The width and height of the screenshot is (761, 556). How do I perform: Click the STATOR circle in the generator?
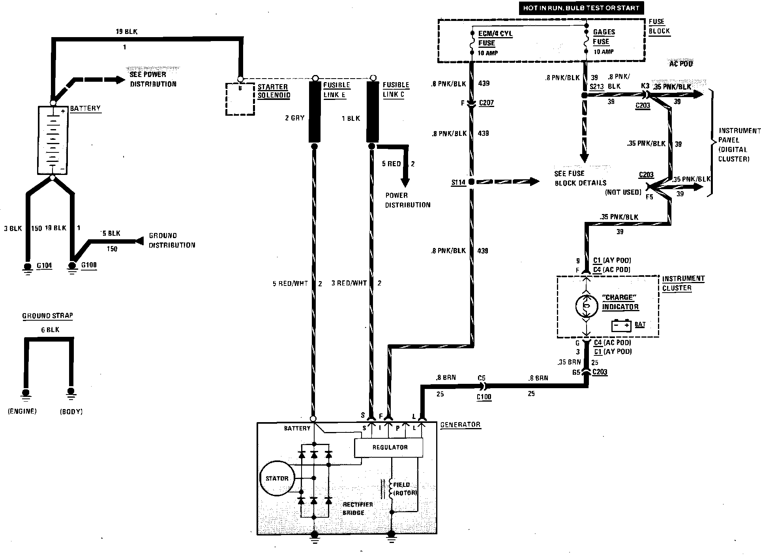pos(277,478)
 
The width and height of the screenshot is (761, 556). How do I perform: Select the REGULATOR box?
pos(389,447)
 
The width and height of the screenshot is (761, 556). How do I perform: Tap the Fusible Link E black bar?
pos(314,111)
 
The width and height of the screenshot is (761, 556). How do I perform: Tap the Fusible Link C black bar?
pos(373,111)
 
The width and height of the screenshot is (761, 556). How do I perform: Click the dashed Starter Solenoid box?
pos(240,99)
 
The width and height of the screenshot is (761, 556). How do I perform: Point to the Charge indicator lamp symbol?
pos(586,306)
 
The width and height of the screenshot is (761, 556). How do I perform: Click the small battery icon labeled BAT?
pos(621,325)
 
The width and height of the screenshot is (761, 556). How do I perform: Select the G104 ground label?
pos(44,265)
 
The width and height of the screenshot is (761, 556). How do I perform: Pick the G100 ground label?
pos(89,265)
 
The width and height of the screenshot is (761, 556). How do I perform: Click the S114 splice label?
pos(458,182)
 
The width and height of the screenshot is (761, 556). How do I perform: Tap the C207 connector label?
pos(486,103)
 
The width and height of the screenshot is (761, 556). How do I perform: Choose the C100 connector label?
pos(484,397)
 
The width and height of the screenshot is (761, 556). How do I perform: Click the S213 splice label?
pos(597,86)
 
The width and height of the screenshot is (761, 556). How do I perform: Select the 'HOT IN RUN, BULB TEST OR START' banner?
pos(581,8)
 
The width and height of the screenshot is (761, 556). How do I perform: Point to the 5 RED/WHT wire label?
pos(290,283)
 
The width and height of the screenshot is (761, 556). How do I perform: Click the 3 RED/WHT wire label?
pos(349,283)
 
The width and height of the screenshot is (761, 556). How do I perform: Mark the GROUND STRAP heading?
pos(47,316)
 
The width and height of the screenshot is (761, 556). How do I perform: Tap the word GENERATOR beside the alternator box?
pos(460,425)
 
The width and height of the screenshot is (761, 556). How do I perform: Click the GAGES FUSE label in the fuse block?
pos(603,37)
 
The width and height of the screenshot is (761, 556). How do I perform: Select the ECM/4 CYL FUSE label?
pos(495,38)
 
